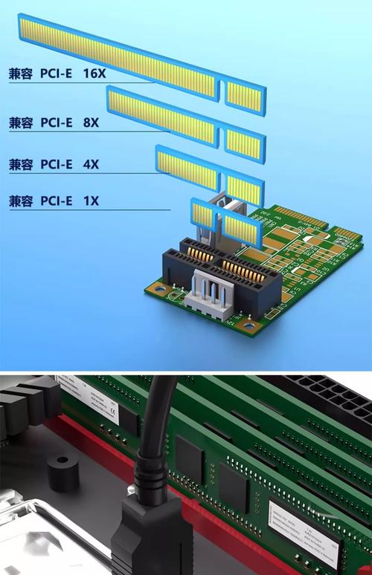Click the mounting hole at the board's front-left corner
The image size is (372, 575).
pyautogui.click(x=156, y=287)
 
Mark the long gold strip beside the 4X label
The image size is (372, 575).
pyautogui.click(x=187, y=169)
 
